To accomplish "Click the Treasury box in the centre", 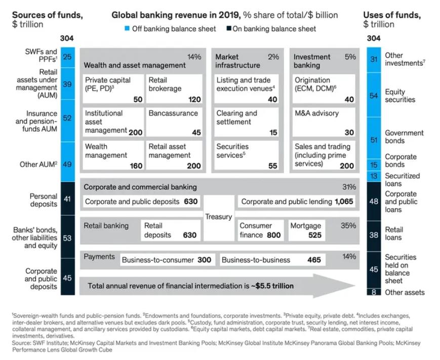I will tap(219, 217).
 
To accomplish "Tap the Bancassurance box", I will tap(174, 122).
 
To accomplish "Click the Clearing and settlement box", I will tap(247, 122).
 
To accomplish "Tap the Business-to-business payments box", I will tap(271, 260).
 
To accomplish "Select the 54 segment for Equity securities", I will tap(374, 95).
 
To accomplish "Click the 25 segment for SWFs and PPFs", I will tap(67, 57).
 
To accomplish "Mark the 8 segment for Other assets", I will tap(374, 292).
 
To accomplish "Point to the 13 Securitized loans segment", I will tap(374, 176).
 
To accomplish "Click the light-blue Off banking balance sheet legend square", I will tap(127, 28).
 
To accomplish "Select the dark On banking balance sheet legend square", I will tap(229, 28).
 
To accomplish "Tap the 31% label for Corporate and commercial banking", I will tap(349, 187).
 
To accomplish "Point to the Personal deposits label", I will tap(44, 201).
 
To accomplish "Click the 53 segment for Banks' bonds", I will tap(67, 237).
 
